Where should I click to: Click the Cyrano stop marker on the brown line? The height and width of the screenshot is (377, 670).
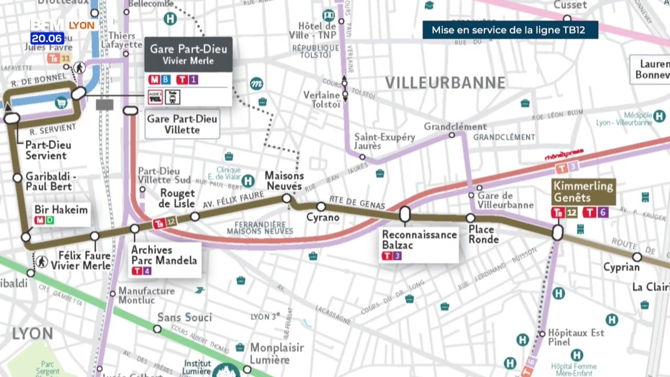[321, 206]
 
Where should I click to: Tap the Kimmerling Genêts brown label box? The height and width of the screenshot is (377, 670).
[583, 192]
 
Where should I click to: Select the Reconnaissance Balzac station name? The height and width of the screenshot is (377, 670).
[419, 240]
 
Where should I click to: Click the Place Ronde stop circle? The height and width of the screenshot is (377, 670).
[471, 218]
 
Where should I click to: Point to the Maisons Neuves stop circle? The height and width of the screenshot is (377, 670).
[286, 198]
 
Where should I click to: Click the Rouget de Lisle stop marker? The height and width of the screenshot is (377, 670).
[195, 216]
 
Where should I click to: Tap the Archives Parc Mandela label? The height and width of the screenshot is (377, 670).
[164, 254]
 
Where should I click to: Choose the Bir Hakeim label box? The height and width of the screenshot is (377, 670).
[61, 210]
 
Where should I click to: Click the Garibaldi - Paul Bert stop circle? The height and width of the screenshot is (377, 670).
[17, 178]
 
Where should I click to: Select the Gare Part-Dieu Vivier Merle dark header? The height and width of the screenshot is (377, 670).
[188, 54]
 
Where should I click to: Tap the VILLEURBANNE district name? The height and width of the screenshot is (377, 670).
[445, 83]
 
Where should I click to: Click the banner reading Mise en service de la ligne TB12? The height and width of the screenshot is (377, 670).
[510, 30]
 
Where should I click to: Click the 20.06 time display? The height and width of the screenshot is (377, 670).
[47, 38]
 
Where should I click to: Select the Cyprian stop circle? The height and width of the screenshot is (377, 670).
[637, 257]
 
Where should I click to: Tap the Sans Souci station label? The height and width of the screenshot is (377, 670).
[184, 317]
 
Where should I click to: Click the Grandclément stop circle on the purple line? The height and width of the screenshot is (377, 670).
[452, 135]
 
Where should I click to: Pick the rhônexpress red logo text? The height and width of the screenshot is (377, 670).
[564, 156]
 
